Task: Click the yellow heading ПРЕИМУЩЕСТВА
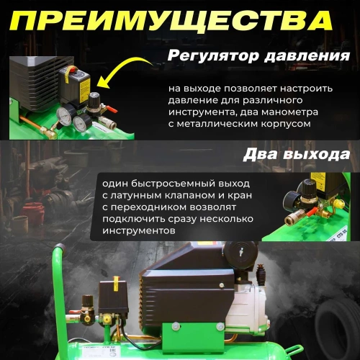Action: coord(179,21)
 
